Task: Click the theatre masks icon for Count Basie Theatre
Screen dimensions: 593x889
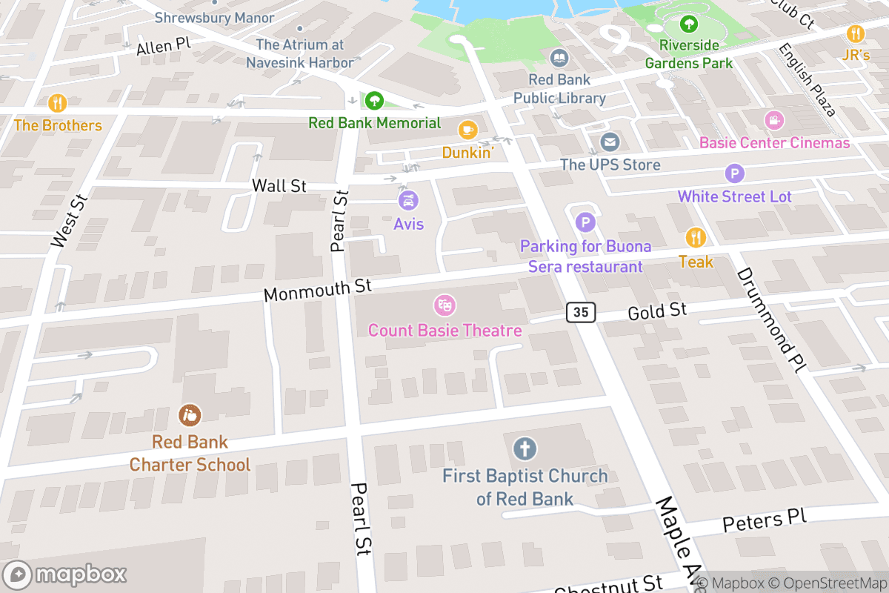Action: [444, 305]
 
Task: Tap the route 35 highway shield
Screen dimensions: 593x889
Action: [582, 312]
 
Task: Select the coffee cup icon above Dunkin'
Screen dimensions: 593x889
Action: [467, 130]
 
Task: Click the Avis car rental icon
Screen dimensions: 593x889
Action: [407, 200]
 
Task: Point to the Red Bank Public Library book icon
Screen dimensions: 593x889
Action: [559, 57]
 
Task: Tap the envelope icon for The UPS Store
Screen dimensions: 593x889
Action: [610, 142]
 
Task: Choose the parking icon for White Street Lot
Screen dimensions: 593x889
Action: [733, 174]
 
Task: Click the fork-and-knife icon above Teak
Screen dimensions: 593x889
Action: [696, 237]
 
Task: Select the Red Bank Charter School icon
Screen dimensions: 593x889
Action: [190, 415]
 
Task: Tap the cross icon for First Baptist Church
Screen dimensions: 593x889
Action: [525, 448]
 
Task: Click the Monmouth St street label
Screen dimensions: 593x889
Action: [317, 290]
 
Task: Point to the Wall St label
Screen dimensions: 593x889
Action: [279, 185]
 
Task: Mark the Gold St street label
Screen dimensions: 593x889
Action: [657, 311]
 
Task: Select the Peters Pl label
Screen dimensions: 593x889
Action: [764, 521]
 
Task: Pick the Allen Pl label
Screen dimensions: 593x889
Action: [164, 46]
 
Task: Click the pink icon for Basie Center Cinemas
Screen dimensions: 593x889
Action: [774, 119]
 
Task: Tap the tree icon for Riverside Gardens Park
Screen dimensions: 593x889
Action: [689, 24]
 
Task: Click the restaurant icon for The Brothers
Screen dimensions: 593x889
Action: [57, 102]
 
